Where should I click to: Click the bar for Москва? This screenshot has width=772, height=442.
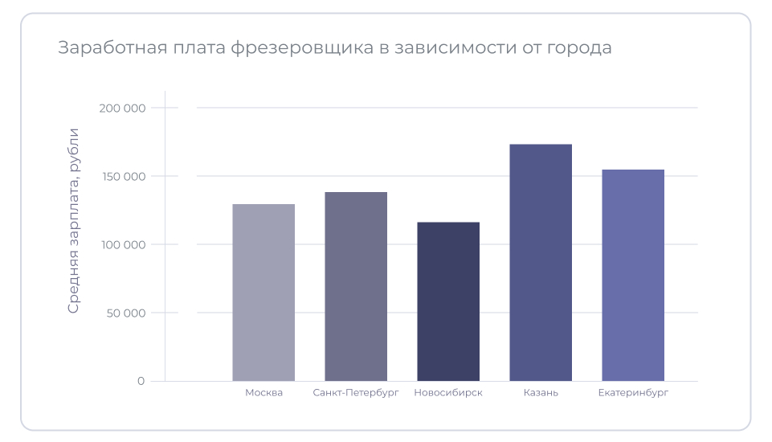click(x=263, y=293)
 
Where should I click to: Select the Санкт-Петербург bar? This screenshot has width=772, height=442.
click(x=356, y=286)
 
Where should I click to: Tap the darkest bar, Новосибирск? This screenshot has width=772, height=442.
click(x=448, y=301)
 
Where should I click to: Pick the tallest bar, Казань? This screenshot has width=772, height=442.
click(x=541, y=263)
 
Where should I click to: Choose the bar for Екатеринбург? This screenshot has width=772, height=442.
click(x=633, y=275)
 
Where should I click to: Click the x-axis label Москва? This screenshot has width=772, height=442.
click(x=263, y=393)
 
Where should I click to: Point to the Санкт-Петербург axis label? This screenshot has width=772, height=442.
click(x=356, y=393)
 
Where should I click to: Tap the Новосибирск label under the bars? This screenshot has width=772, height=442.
click(x=448, y=393)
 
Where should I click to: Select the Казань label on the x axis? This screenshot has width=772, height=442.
click(x=541, y=393)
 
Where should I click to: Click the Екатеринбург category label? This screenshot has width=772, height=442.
click(x=633, y=393)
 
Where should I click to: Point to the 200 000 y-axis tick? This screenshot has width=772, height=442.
click(x=124, y=108)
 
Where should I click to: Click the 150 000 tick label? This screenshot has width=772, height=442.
click(x=124, y=177)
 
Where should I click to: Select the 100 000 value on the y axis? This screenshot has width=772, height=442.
click(x=124, y=244)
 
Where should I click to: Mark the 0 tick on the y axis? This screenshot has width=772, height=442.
click(x=141, y=381)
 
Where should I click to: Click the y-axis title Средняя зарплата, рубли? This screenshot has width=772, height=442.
click(x=73, y=220)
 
